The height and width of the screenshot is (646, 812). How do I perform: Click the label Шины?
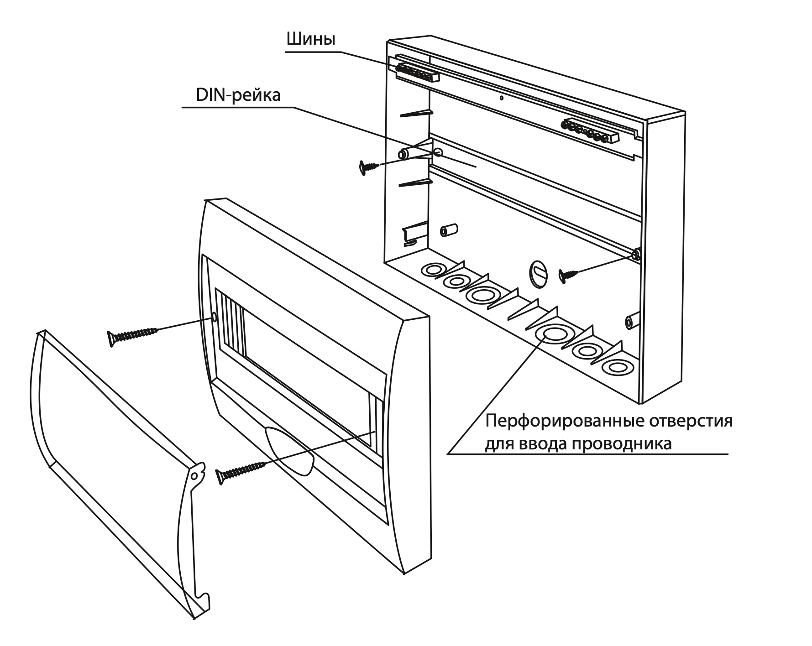pos(310,40)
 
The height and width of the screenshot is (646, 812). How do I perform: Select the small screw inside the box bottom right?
pos(568,275)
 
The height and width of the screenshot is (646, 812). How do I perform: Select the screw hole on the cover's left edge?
pos(214,316)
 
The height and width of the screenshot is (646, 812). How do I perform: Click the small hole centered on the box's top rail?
pos(501,97)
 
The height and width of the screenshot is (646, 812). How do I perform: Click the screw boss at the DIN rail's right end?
pos(636,254)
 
